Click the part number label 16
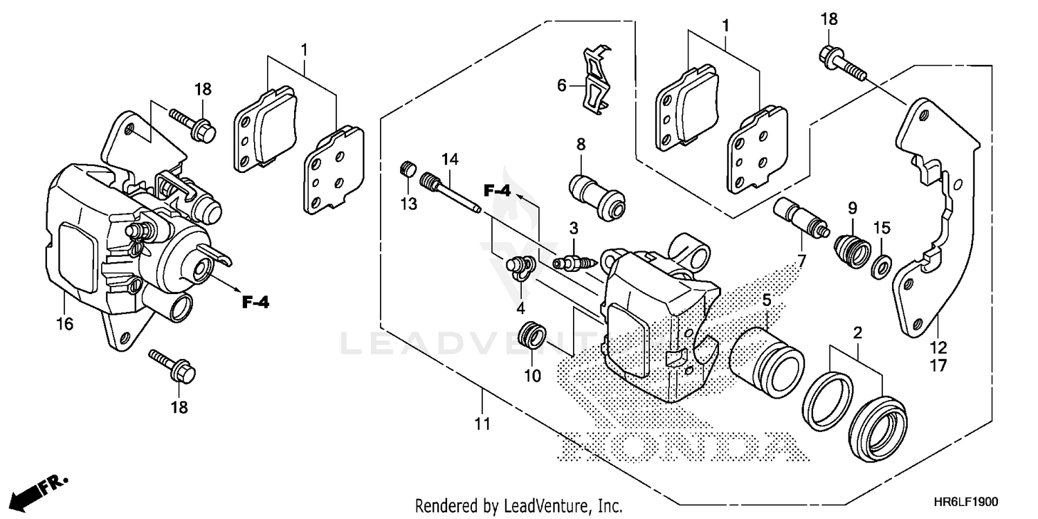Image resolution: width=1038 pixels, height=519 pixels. click(x=64, y=324)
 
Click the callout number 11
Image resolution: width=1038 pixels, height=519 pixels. click(x=482, y=424)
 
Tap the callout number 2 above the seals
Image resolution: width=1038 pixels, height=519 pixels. click(x=857, y=333)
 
